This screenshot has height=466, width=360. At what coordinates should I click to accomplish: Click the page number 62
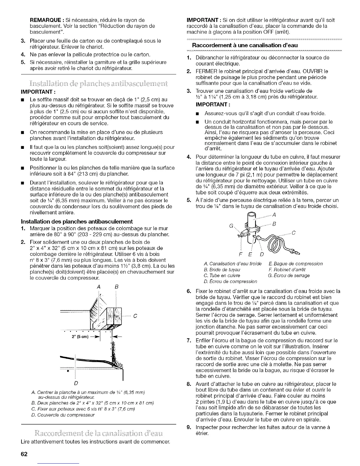click(x=24, y=454)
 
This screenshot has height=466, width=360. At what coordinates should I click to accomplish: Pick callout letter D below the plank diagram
click(x=76, y=383)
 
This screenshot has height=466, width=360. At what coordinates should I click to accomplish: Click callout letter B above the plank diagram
click(x=116, y=287)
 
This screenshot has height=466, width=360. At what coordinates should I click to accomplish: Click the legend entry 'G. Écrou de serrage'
click(x=289, y=276)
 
